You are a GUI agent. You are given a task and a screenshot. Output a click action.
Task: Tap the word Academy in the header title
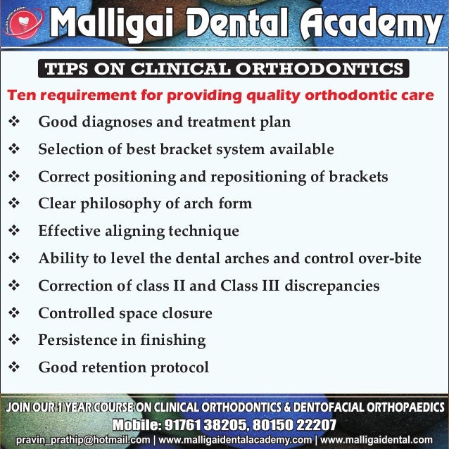(369, 27)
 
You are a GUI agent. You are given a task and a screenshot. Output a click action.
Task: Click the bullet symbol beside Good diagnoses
(15, 122)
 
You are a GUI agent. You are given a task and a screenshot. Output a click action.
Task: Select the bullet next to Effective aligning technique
(15, 231)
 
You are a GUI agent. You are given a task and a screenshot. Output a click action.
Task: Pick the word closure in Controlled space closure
(186, 313)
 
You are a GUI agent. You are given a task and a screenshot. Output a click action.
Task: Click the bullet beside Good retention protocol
(15, 367)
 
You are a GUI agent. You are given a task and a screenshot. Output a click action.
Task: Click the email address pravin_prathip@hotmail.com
(83, 440)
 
